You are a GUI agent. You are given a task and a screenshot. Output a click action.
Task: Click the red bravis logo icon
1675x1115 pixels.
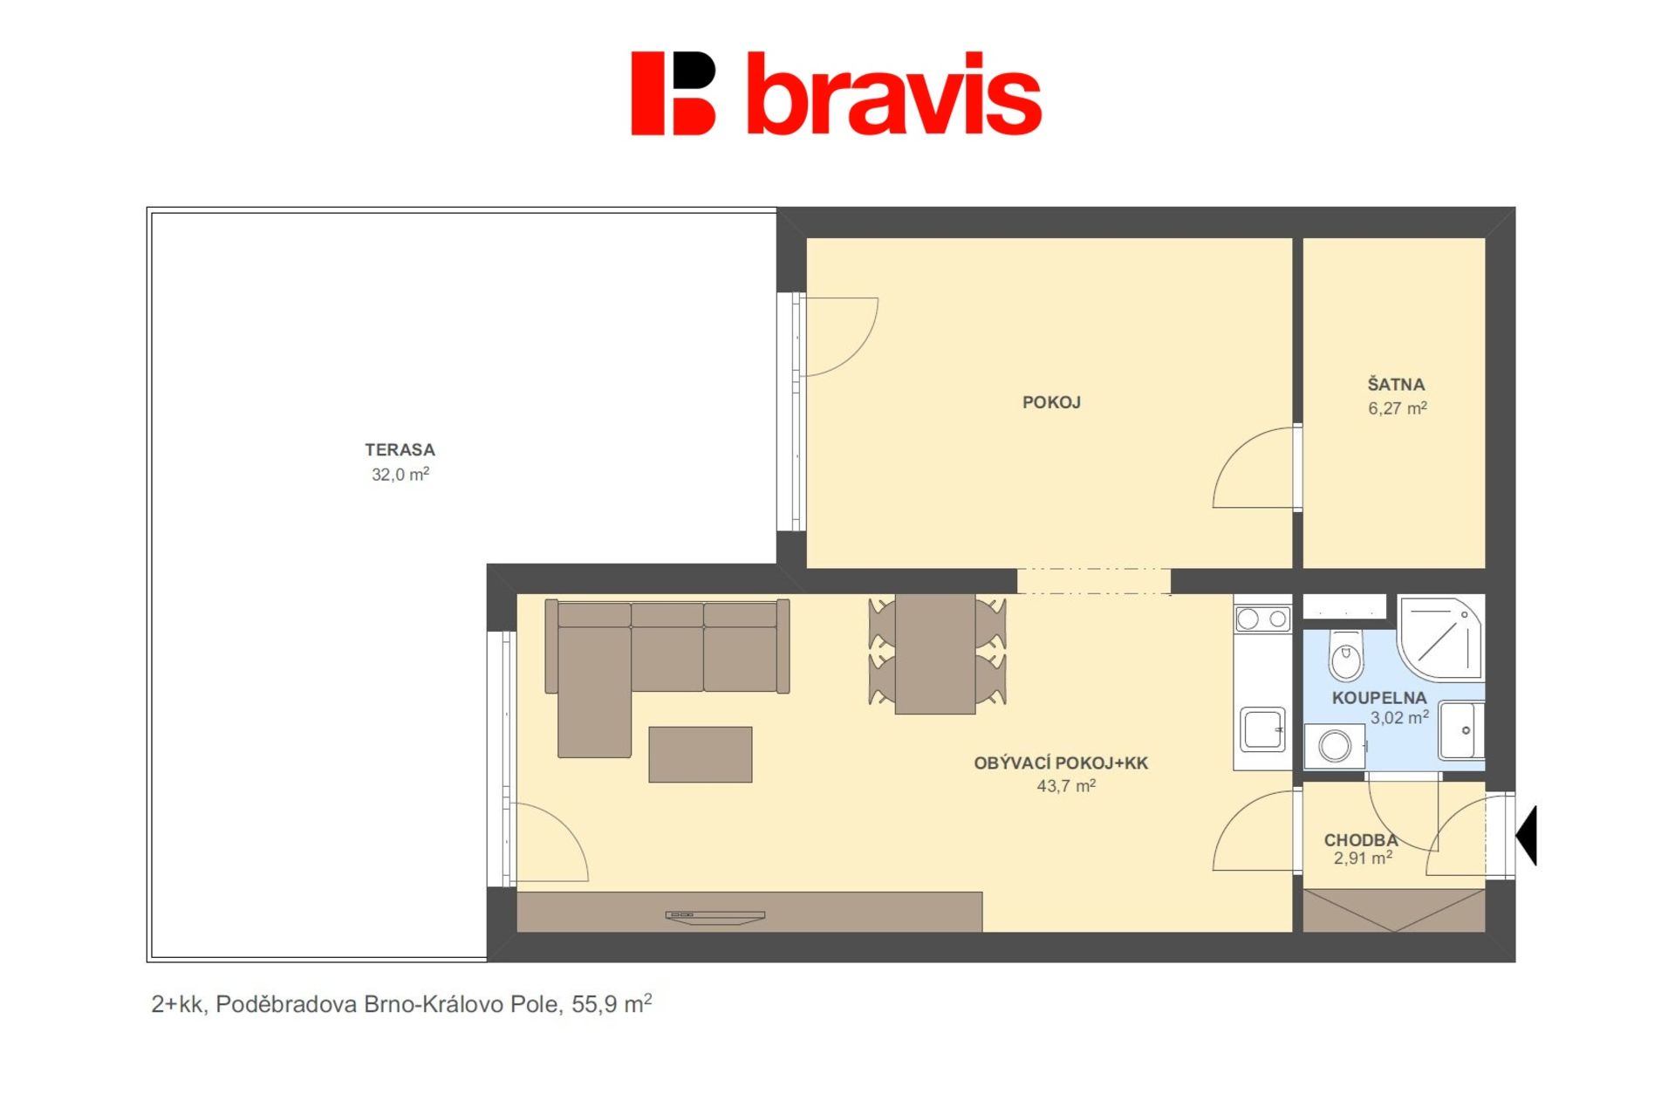(x=673, y=93)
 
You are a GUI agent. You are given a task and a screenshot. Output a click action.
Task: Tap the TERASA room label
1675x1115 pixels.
(x=400, y=450)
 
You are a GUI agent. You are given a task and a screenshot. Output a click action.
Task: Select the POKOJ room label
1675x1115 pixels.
(x=1051, y=402)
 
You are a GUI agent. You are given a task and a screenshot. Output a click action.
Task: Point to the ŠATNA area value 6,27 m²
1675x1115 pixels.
(x=1398, y=407)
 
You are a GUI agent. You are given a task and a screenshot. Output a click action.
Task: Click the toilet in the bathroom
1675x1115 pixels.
(x=1346, y=654)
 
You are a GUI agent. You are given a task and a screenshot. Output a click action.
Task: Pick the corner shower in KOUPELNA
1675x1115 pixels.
(x=1439, y=637)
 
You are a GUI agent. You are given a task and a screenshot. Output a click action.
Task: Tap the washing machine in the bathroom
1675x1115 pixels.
(x=1335, y=746)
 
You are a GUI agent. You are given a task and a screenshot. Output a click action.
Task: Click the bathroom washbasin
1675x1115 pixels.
(x=1461, y=729)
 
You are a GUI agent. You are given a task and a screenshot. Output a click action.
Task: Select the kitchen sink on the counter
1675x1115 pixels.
(x=1262, y=729)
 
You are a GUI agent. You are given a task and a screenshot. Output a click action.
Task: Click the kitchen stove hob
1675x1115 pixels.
(x=1262, y=619)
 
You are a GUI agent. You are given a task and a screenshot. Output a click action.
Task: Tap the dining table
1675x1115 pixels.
(x=935, y=653)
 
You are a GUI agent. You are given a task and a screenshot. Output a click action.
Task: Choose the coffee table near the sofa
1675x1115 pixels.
(x=701, y=755)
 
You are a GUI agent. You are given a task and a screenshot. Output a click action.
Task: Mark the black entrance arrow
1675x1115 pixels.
(x=1527, y=835)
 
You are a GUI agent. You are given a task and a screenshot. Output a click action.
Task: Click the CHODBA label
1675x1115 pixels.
(x=1361, y=840)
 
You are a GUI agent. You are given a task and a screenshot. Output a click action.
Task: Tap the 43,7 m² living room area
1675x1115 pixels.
(x=1066, y=785)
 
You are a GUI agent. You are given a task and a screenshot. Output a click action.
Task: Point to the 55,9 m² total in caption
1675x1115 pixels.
(x=612, y=1003)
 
